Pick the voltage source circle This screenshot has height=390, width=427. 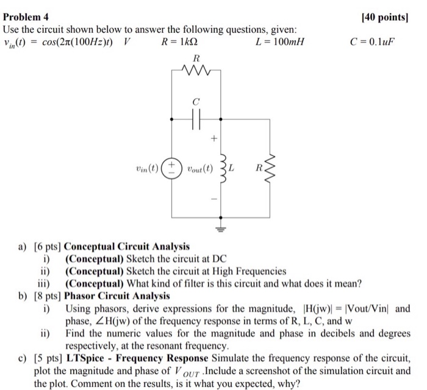point(172,167)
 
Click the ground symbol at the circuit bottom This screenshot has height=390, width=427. point(221,229)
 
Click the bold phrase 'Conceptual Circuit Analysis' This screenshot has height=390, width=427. point(127,247)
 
